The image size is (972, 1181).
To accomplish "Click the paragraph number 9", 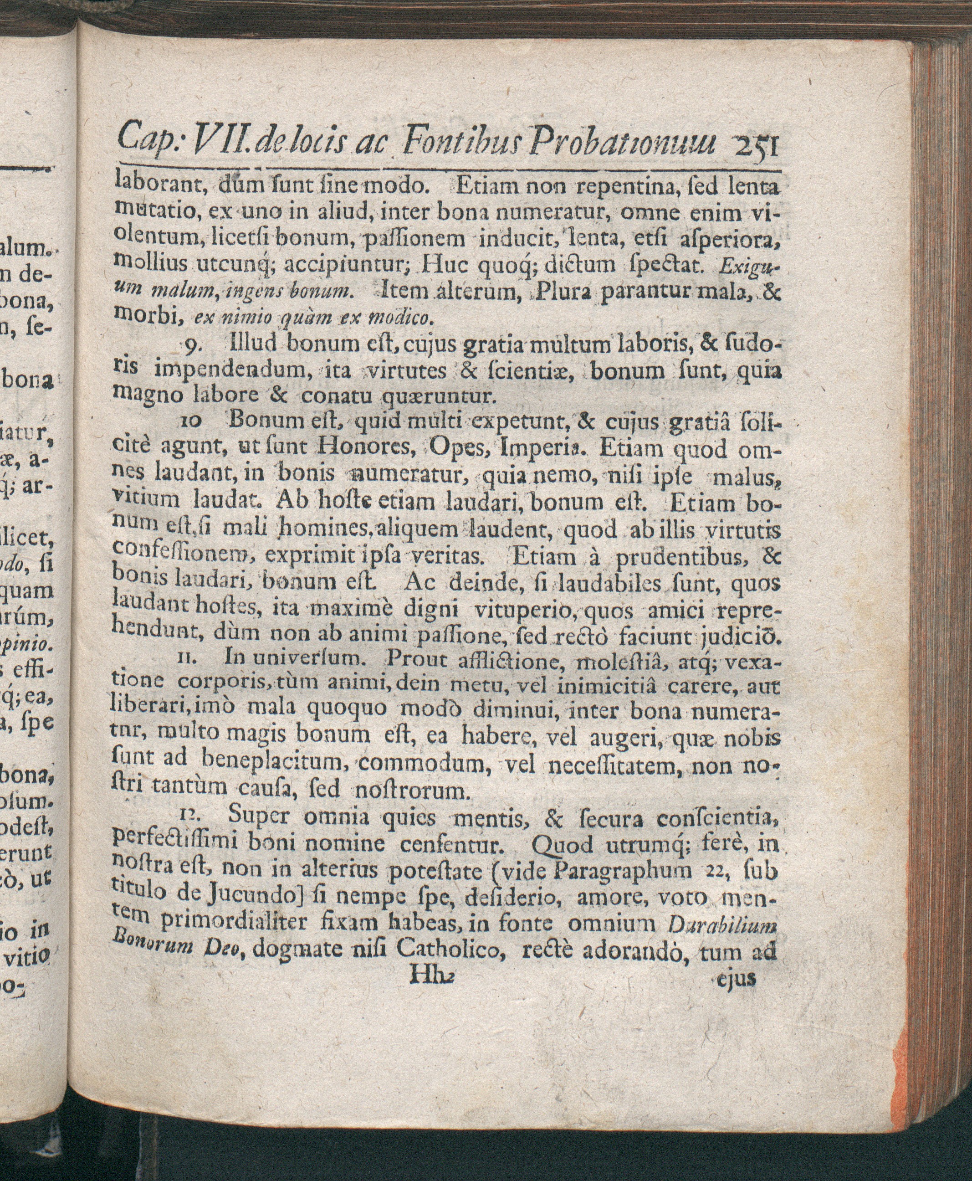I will click(190, 348).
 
